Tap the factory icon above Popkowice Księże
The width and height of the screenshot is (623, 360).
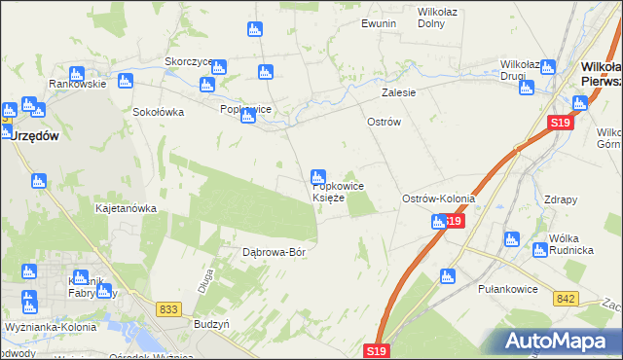coord(317,177)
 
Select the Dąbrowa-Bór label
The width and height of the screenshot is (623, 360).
coord(275,252)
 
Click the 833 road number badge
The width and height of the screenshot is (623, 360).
coord(169,308)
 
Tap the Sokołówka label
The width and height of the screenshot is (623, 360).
coord(159,111)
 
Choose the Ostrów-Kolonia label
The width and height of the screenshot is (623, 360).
coord(439,198)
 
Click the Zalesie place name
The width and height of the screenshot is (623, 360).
coord(398,93)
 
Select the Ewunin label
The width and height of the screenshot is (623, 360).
coord(379,22)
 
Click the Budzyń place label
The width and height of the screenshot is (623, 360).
coord(211,323)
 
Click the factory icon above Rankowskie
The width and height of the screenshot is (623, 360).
coord(77,73)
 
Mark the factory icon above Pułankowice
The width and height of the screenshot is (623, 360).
coord(448,275)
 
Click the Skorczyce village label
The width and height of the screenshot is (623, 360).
coord(189,60)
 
